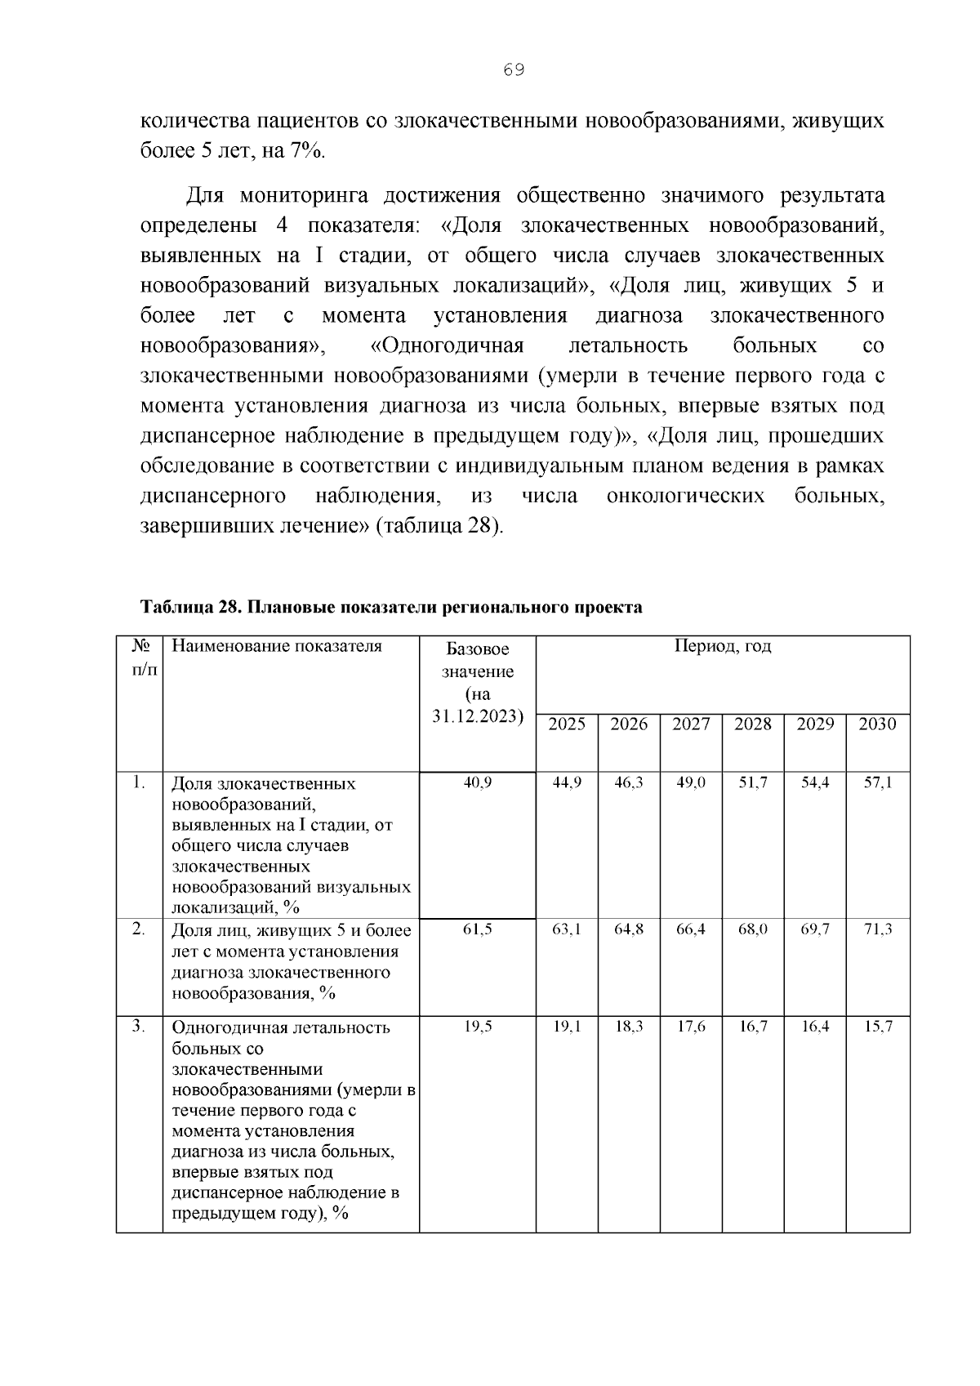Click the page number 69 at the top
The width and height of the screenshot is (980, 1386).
(x=514, y=70)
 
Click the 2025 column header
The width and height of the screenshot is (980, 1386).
(x=567, y=724)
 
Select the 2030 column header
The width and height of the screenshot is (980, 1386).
(x=877, y=724)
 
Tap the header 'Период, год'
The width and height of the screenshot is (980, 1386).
(x=723, y=647)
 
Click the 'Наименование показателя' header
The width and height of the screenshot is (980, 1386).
(x=277, y=647)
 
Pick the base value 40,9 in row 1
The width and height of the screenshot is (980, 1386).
(x=478, y=782)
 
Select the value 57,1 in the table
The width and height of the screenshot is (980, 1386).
(x=878, y=782)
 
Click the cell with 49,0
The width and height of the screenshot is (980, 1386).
(x=691, y=782)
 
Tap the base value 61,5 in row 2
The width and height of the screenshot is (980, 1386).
(x=478, y=929)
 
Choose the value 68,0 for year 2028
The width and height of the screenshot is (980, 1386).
(x=753, y=929)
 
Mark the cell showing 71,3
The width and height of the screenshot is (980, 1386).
(x=878, y=929)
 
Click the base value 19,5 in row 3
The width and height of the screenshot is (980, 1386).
(x=478, y=1027)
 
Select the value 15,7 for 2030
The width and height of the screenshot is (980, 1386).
(x=878, y=1027)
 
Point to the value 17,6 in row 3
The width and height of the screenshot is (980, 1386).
(x=691, y=1027)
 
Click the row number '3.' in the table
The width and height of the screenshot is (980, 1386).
(x=139, y=1027)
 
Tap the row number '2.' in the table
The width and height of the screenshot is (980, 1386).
(x=139, y=929)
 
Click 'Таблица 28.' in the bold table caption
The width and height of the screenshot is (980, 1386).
(x=190, y=608)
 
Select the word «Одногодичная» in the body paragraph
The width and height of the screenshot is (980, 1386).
(x=447, y=345)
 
